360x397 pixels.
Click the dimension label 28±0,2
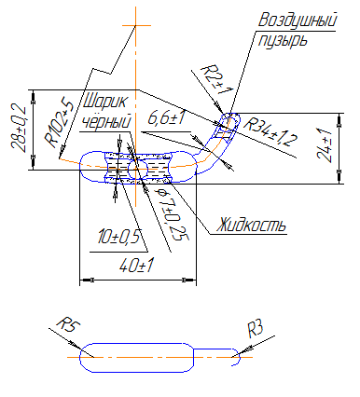(19, 128)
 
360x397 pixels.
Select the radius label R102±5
(59, 121)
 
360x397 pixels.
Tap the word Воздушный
(298, 21)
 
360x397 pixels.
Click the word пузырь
(283, 40)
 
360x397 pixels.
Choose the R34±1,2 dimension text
(270, 132)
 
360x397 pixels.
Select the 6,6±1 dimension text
(167, 118)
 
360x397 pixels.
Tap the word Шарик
(105, 101)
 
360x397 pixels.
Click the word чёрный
(105, 121)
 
